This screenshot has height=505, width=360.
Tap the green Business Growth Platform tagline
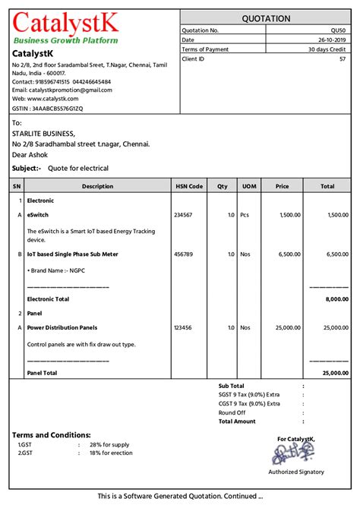point(66,39)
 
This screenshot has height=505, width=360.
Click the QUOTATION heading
point(266,18)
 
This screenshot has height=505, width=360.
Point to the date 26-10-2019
point(331,39)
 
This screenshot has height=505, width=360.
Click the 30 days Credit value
point(327,49)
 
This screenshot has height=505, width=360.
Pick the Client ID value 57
point(343,58)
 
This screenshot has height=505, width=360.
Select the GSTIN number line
point(48,109)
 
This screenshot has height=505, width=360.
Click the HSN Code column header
point(189,186)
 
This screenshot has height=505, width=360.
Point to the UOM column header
point(248,186)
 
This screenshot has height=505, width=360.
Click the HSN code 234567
point(183,215)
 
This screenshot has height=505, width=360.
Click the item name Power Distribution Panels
point(62,327)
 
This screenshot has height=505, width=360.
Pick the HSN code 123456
point(183,327)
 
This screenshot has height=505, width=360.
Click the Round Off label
point(232,413)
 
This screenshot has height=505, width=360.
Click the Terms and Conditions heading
point(52,434)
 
